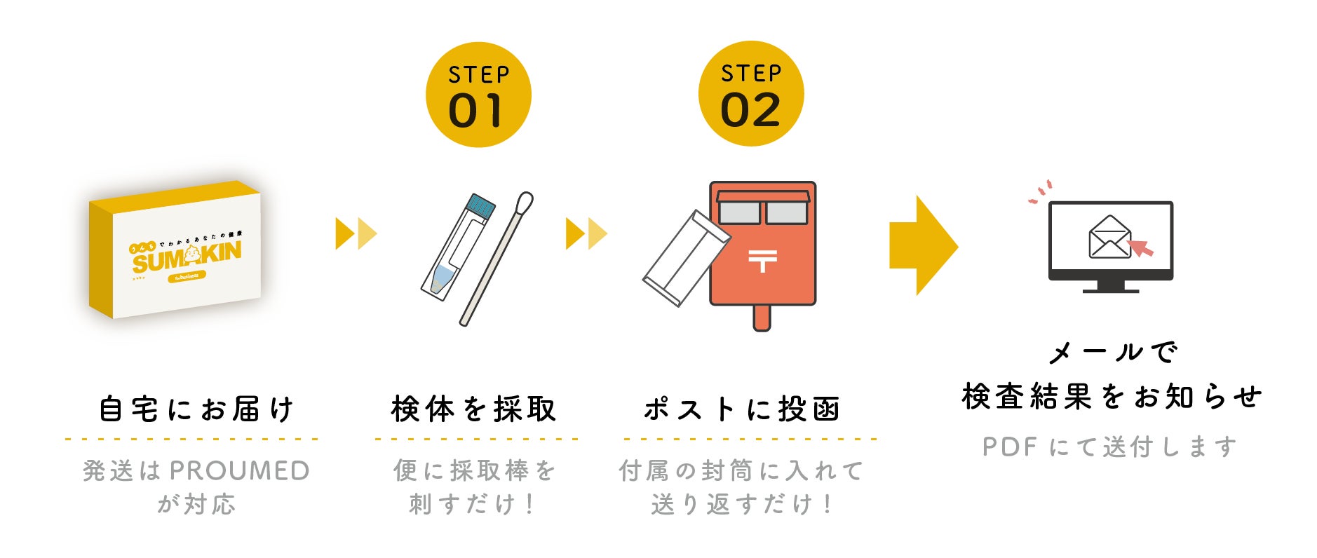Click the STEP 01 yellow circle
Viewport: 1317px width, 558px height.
[x=478, y=95]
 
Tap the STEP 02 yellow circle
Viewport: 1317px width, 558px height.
[x=751, y=94]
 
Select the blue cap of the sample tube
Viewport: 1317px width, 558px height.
[x=481, y=205]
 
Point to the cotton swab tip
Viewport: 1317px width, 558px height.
[x=524, y=204]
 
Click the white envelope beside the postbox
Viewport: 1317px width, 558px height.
[x=686, y=258]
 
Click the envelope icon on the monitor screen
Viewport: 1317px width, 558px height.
[x=1109, y=237]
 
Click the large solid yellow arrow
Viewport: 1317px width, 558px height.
[x=922, y=245]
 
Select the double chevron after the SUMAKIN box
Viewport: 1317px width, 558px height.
[x=356, y=233]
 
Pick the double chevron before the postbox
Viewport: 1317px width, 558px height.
[x=586, y=233]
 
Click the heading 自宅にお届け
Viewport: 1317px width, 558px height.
[x=196, y=409]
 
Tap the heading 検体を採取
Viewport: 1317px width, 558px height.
[x=474, y=409]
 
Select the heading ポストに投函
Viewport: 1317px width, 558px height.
[x=742, y=409]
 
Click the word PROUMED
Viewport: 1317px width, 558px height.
[x=239, y=471]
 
